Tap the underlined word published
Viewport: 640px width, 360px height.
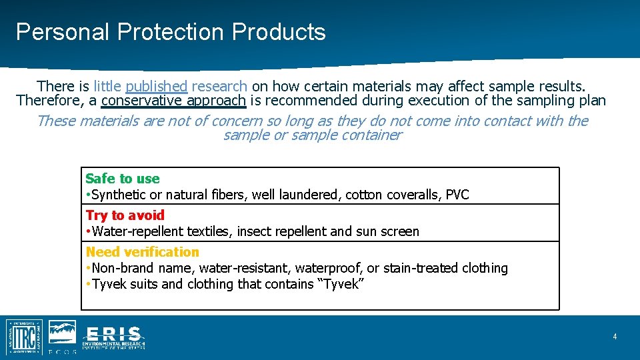pos(157,86)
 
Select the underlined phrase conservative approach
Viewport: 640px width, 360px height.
pos(173,101)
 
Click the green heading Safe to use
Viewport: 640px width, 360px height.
pos(123,179)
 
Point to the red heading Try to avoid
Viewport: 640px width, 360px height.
pos(125,215)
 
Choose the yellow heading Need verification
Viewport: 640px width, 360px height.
pos(142,252)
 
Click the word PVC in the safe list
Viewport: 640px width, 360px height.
pos(457,195)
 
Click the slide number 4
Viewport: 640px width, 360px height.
pos(615,337)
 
